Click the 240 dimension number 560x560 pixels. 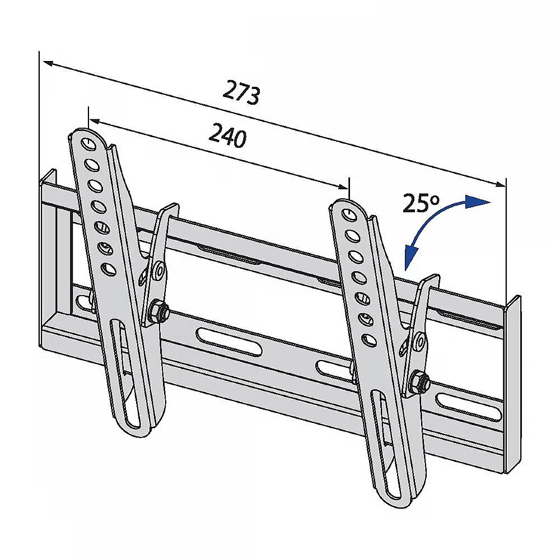(x=227, y=136)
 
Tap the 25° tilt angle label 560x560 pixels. (x=421, y=203)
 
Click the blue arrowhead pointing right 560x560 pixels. (x=477, y=202)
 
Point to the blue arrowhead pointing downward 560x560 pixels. (x=410, y=258)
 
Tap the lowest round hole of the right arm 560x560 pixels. (x=368, y=340)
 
